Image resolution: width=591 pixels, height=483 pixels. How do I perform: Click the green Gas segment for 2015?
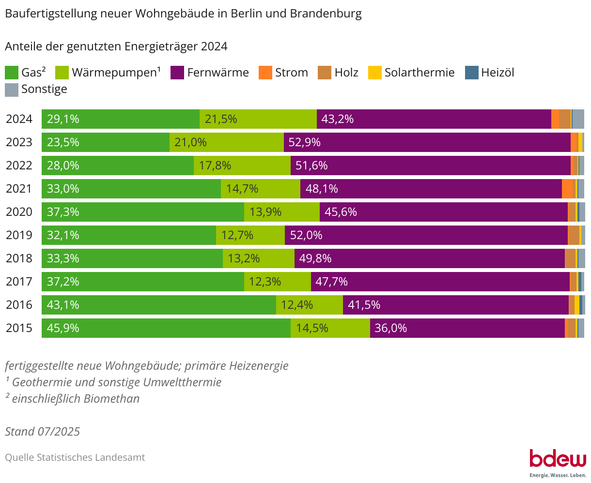(x=166, y=328)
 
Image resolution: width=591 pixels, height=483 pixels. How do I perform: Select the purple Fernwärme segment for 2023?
(x=427, y=142)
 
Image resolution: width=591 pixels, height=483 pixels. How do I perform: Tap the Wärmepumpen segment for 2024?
(x=258, y=119)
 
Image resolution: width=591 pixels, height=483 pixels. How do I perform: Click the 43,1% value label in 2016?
(x=63, y=305)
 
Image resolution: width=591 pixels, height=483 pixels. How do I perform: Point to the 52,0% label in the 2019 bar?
(x=306, y=235)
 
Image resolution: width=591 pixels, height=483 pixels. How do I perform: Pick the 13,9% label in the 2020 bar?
(x=265, y=212)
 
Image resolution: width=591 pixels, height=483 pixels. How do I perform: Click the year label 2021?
(x=19, y=189)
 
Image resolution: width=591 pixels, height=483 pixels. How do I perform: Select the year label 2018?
(x=19, y=258)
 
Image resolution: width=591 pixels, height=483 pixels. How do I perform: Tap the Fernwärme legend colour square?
(x=177, y=73)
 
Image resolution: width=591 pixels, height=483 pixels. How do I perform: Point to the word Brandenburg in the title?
(x=326, y=14)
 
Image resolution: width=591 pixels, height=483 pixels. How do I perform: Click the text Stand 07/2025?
(x=43, y=431)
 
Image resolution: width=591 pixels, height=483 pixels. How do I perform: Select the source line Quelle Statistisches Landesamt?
(x=75, y=457)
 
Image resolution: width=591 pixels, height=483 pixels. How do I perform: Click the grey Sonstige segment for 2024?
(x=578, y=119)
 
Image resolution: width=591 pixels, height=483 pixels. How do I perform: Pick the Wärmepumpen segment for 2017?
(x=278, y=282)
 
